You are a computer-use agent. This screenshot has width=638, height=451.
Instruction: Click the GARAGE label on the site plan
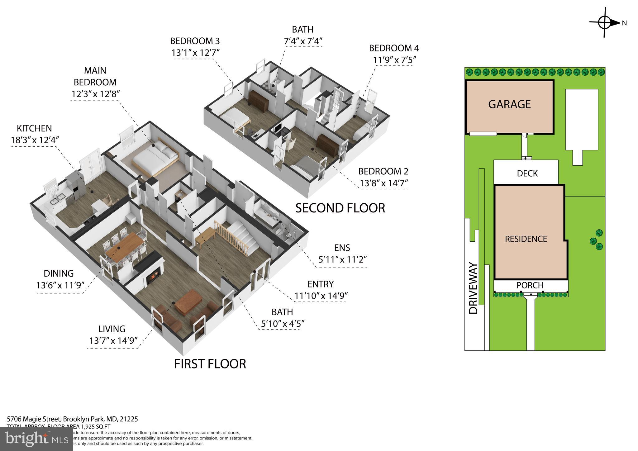(509, 104)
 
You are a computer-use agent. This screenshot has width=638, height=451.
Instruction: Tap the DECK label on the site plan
(527, 173)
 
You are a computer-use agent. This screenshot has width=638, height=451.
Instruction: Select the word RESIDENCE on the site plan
(526, 239)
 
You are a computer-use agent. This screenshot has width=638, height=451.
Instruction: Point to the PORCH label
(530, 285)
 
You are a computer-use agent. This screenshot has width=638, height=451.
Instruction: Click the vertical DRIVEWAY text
(473, 288)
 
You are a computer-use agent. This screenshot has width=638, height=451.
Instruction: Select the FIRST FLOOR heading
(210, 364)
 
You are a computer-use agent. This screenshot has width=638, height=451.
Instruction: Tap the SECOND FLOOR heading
(340, 208)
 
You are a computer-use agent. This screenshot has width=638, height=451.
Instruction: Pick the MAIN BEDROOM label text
(95, 76)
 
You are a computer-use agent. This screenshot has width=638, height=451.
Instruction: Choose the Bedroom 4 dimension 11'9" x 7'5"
(395, 60)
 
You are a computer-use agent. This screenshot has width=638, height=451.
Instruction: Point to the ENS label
(342, 248)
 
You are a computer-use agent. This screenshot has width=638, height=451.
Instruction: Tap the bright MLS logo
(36, 439)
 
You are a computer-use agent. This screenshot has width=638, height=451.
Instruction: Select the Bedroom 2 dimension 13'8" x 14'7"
(384, 183)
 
